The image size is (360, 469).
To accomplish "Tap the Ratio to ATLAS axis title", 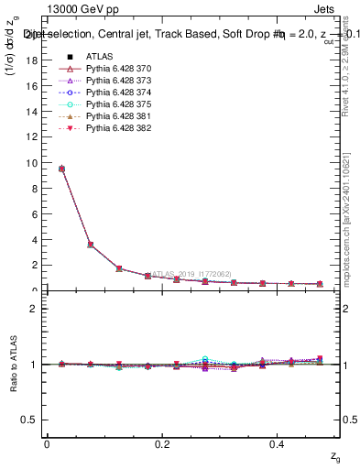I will tap(13, 365).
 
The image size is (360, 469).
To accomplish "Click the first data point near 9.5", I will tap(61, 169).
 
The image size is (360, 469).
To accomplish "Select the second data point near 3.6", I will tap(90, 245).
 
